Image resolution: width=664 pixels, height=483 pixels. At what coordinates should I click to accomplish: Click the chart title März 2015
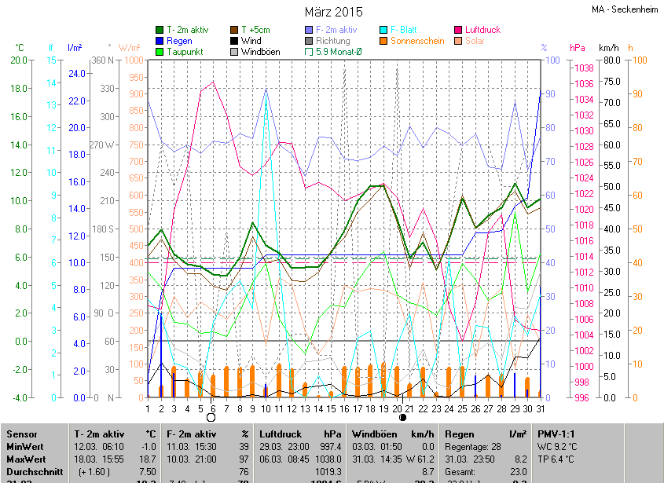click(333, 12)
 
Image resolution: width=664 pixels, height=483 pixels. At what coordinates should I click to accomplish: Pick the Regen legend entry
click(178, 41)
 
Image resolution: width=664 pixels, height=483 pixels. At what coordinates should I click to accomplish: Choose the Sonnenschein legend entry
click(417, 41)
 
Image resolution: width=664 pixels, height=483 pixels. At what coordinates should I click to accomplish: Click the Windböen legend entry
click(260, 52)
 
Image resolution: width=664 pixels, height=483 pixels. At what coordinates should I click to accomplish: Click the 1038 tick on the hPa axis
click(582, 68)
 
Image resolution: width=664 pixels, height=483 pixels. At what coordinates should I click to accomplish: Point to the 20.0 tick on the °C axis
click(18, 60)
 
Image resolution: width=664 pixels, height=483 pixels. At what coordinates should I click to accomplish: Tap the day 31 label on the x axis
click(541, 408)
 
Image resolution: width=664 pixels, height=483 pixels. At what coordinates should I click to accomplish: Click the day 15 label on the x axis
click(331, 408)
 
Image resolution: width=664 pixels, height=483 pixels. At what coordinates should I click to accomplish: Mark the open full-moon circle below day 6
click(211, 418)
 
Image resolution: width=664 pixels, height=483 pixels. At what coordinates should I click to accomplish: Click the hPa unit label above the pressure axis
click(578, 48)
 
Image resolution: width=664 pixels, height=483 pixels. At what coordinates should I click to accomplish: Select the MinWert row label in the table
click(24, 446)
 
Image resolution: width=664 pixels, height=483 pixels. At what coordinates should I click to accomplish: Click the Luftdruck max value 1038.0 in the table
click(328, 459)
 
